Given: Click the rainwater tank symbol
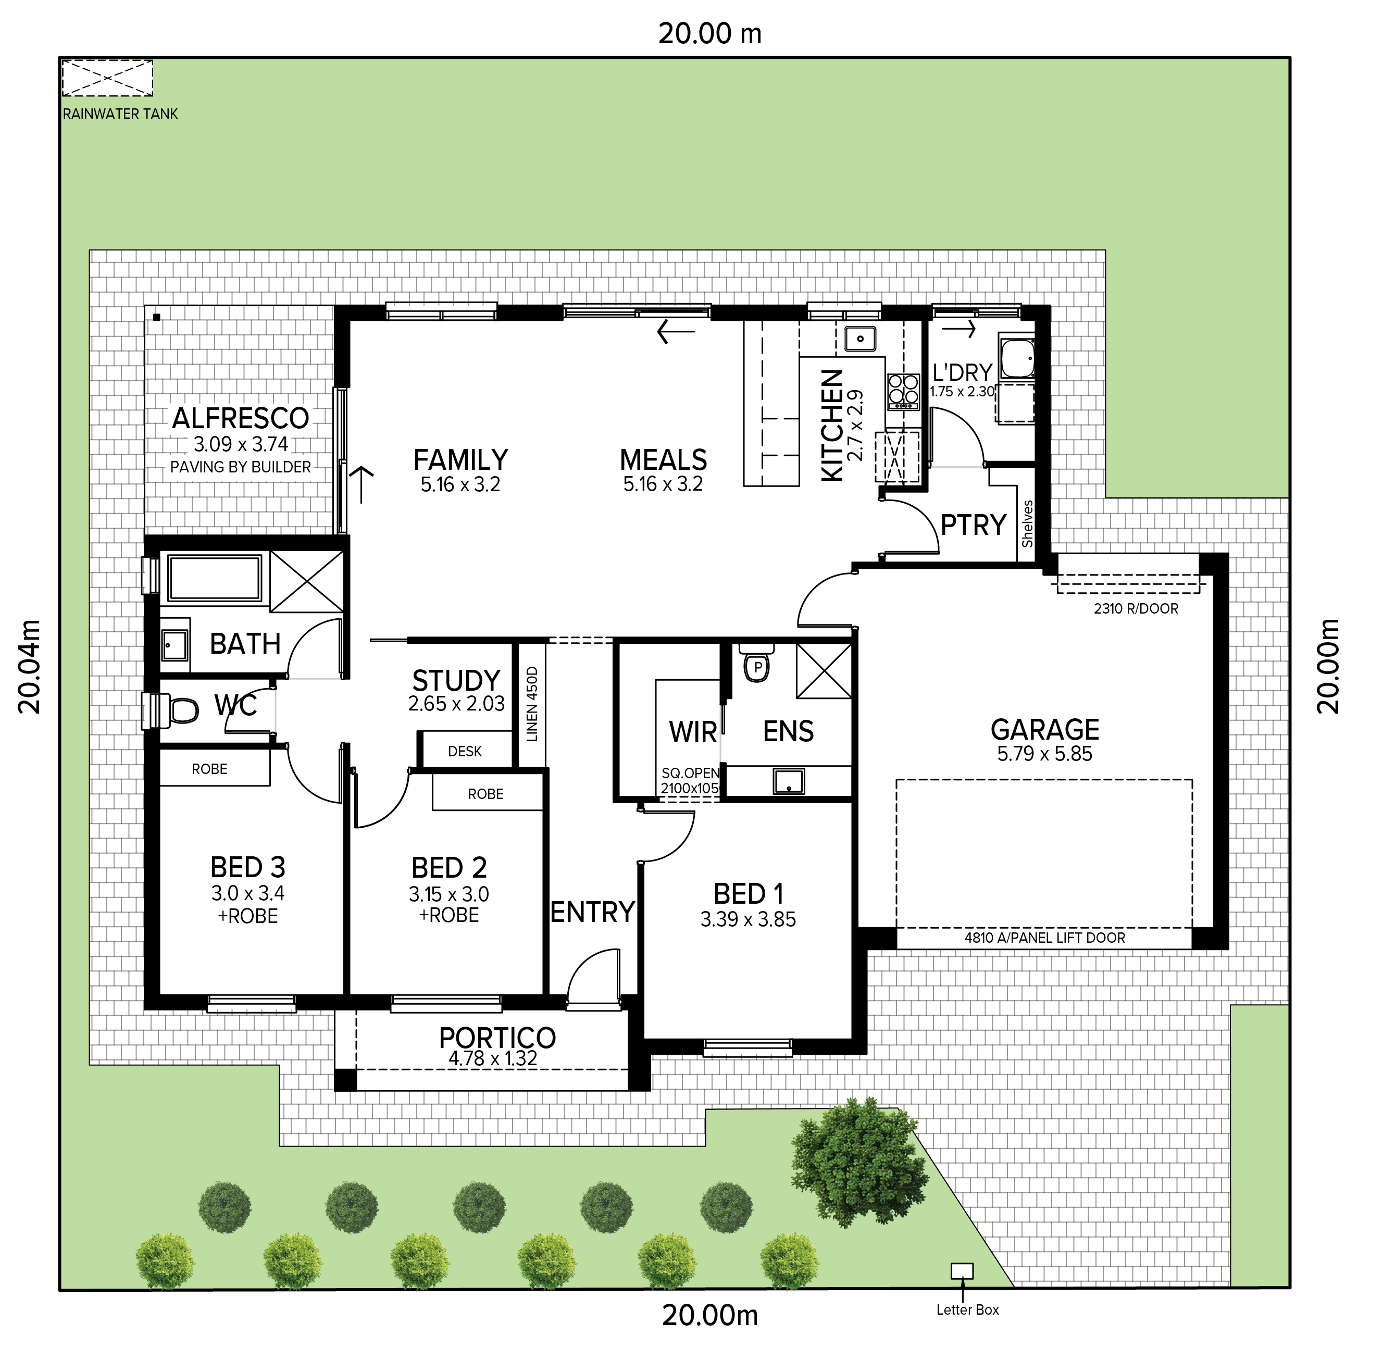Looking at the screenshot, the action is (107, 78).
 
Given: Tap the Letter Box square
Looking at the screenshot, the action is (962, 1271).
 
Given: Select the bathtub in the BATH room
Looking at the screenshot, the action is (214, 578).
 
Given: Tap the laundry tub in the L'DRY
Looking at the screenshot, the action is (1016, 358).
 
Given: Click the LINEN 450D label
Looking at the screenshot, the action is (531, 704).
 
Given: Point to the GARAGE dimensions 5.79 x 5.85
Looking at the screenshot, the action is (1044, 754).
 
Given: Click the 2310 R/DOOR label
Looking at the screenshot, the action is (1136, 608).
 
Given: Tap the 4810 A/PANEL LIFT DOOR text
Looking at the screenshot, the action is (1044, 938).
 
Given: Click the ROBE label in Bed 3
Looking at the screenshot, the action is (209, 769).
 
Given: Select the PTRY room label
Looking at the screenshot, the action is (973, 525).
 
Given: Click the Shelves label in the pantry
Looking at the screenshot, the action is (1027, 523).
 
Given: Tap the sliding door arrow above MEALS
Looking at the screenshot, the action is (676, 331).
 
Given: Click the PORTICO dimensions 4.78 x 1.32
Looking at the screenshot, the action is (493, 1058).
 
